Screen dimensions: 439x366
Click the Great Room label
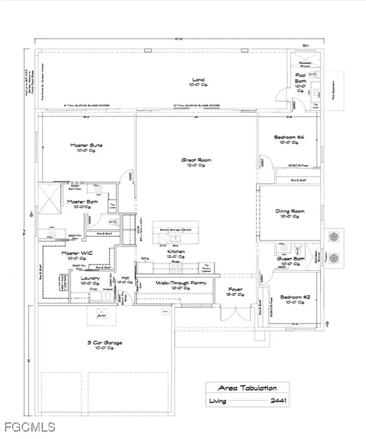click(196, 160)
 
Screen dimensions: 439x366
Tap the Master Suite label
click(86, 145)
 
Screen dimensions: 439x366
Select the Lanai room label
click(198, 80)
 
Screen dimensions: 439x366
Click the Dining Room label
click(290, 211)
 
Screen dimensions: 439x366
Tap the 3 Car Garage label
click(105, 343)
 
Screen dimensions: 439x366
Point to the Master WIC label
click(77, 253)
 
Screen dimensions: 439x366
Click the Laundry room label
click(91, 278)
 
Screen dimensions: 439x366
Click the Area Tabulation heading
click(247, 388)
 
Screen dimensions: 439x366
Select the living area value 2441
click(278, 402)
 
